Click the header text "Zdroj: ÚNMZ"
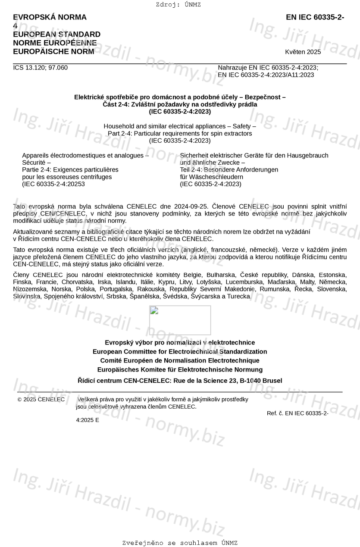tap(178, 5)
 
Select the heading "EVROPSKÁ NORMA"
tap(50, 17)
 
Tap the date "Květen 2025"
tap(303, 52)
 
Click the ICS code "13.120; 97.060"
tap(47, 68)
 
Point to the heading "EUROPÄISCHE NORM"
tap(53, 52)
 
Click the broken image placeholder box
tap(180, 320)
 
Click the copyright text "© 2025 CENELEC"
tap(41, 400)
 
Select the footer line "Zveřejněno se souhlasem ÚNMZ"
tap(180, 543)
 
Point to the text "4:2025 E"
tap(88, 420)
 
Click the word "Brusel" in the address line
tap(272, 381)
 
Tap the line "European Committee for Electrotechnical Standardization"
tap(180, 352)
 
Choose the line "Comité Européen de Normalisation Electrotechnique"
tap(180, 361)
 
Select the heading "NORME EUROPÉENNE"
tap(55, 43)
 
